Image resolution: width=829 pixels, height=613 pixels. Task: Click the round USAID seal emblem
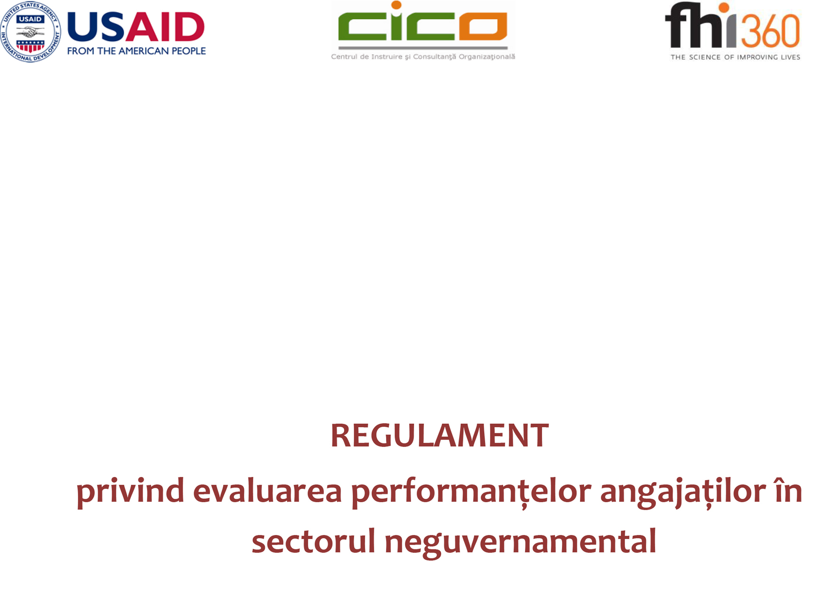(x=31, y=32)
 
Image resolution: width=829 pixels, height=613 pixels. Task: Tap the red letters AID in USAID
(x=165, y=27)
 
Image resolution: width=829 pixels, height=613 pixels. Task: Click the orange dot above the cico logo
(x=396, y=5)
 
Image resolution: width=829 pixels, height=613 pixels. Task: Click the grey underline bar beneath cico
(x=423, y=47)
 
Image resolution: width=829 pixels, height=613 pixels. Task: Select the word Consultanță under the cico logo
(x=434, y=57)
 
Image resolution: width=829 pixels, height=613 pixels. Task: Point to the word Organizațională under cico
(x=487, y=57)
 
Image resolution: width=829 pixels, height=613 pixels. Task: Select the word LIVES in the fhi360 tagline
(x=788, y=57)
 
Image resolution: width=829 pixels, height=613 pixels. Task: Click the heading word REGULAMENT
(x=440, y=435)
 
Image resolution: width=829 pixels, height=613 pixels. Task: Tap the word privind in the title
(x=130, y=491)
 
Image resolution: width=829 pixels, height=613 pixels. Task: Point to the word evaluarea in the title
(x=267, y=491)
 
